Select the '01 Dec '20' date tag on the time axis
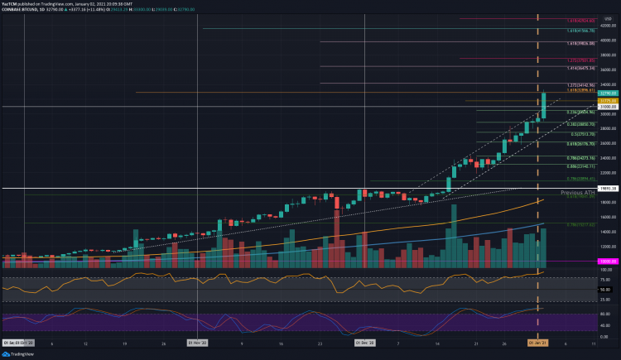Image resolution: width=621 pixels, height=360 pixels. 366,341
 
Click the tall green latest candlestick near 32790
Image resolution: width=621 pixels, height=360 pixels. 544,105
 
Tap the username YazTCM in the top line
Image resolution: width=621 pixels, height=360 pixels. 10,3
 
